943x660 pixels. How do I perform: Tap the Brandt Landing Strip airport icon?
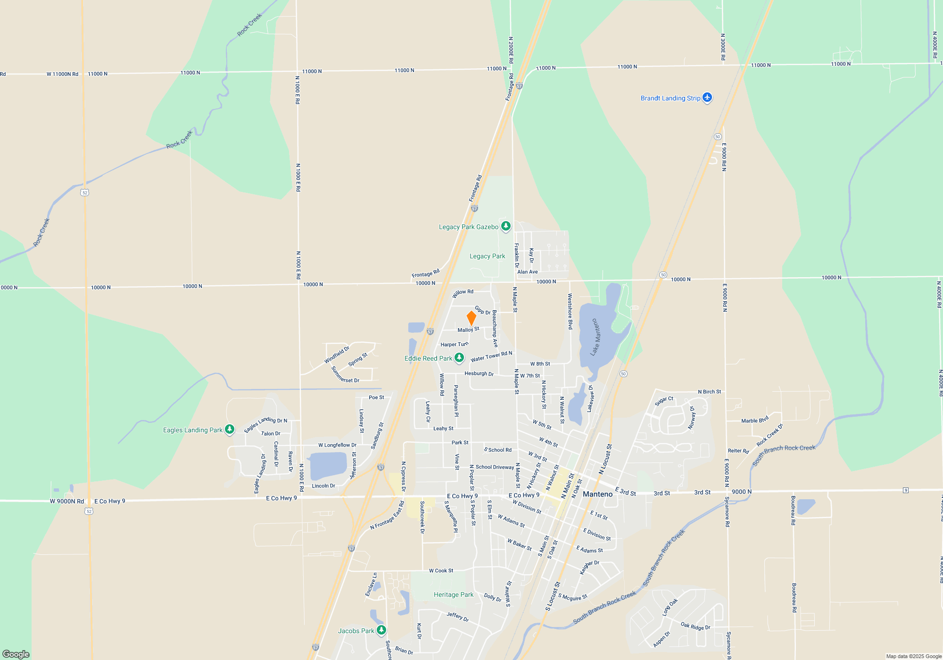tap(707, 98)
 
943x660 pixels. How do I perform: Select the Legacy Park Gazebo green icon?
tap(506, 226)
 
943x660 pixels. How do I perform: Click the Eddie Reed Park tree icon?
tap(459, 358)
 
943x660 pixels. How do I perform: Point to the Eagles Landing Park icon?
tap(230, 429)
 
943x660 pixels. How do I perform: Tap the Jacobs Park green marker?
tap(381, 630)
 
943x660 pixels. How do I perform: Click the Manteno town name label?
tap(597, 494)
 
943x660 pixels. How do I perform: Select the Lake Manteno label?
tap(596, 337)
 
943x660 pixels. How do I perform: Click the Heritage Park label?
tap(454, 595)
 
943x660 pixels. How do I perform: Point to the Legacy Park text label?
tap(487, 256)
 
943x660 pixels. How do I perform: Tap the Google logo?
tap(16, 654)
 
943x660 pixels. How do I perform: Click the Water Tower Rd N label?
tap(491, 356)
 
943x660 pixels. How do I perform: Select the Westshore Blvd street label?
tap(570, 311)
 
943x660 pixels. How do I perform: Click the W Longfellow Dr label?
tap(337, 445)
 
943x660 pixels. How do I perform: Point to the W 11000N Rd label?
tap(62, 74)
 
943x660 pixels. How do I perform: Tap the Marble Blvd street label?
tap(755, 420)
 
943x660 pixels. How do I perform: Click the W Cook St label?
tap(441, 570)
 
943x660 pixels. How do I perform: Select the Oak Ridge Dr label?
tap(695, 626)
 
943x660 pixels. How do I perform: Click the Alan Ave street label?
tap(527, 272)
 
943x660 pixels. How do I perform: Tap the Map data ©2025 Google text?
tap(914, 656)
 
